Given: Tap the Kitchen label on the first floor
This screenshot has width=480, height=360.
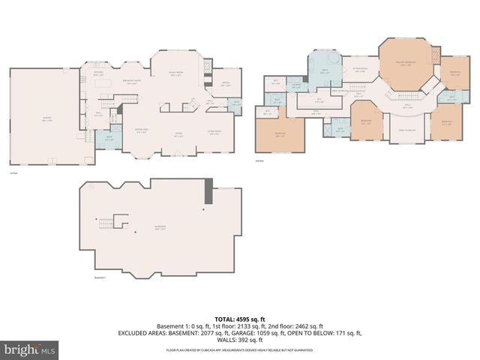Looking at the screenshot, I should [98, 74].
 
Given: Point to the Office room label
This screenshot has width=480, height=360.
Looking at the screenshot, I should [226, 85].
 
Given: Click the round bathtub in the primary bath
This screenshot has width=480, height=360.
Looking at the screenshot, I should [331, 59].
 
